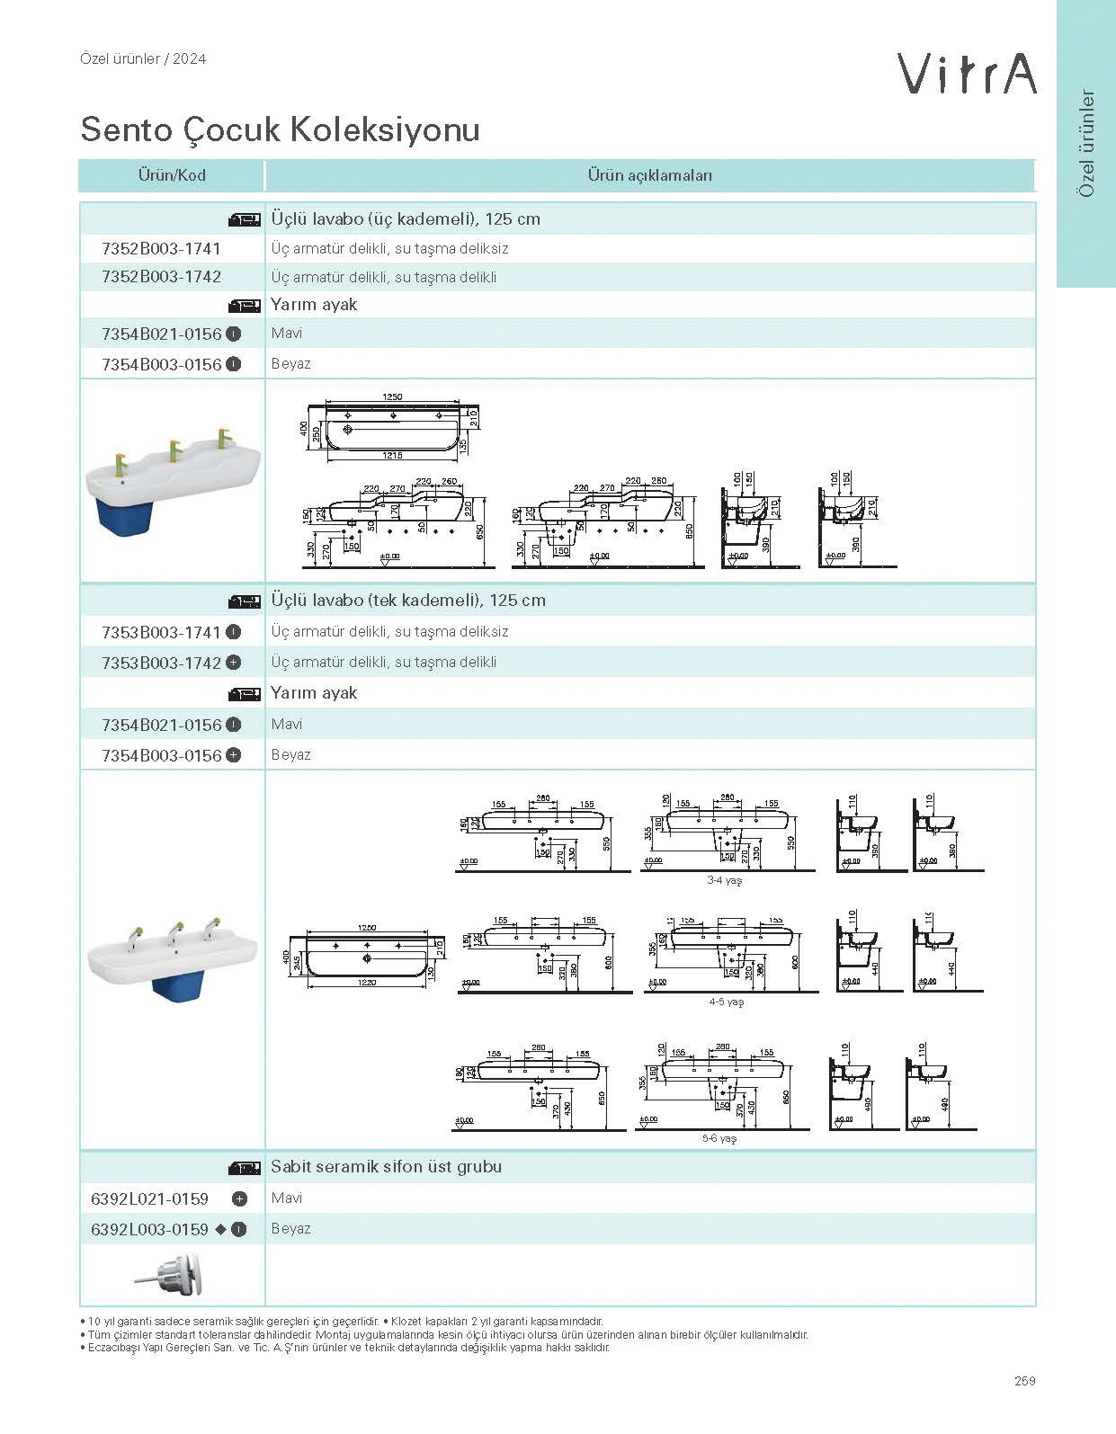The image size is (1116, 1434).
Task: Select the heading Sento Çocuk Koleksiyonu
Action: pos(280,129)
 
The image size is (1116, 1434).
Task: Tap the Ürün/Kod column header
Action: pos(171,175)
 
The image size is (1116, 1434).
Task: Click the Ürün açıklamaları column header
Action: pos(649,175)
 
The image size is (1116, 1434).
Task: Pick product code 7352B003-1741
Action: pos(161,248)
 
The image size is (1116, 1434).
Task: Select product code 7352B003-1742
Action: pos(161,276)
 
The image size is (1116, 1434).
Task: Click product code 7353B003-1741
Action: pos(161,632)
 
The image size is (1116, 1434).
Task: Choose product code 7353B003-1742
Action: pos(161,663)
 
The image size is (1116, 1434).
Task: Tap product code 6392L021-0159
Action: pos(149,1198)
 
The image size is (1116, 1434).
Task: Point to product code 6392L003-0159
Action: pos(149,1229)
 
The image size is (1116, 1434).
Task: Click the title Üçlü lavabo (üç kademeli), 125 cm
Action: pos(406,219)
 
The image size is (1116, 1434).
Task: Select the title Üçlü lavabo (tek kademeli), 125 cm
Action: pos(408,601)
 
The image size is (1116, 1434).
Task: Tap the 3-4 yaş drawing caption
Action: pos(724,881)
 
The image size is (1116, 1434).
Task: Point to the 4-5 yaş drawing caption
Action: pos(727,1002)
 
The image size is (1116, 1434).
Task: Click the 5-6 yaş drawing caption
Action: pos(719,1138)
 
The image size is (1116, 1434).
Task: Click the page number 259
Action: pos(1024,1381)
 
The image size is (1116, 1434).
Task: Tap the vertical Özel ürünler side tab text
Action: pos(1087,144)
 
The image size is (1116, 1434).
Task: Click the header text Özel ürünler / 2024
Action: pos(143,59)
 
